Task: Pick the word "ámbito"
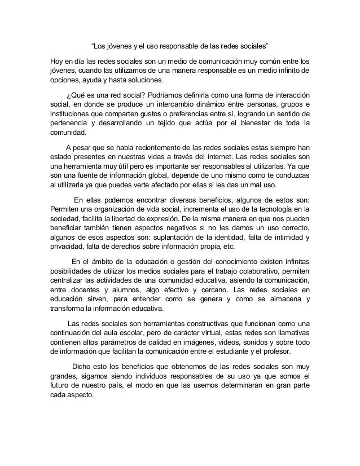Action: [104, 265]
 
